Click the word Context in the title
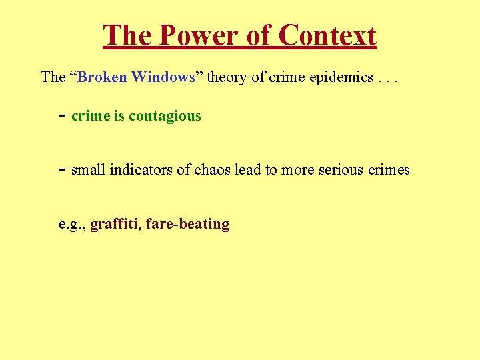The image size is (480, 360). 327,35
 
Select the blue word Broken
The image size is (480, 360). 103,77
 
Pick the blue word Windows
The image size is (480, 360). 163,77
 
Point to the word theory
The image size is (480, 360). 227,77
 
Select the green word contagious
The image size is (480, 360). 165,116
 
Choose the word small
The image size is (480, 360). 88,170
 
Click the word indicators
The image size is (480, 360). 141,170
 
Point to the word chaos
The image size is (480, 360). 213,170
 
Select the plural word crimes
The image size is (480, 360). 390,170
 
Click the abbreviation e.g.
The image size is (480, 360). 71,225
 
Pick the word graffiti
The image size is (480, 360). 115,224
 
